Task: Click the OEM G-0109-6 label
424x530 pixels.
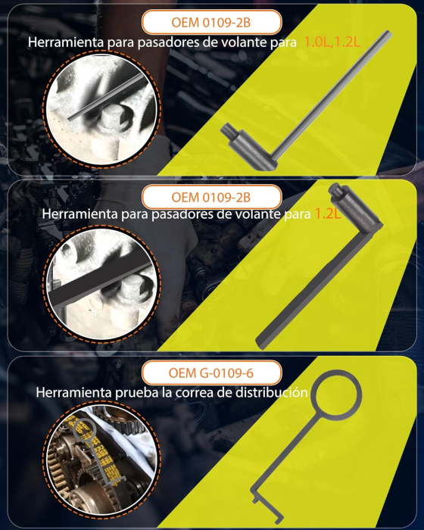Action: [x=211, y=373]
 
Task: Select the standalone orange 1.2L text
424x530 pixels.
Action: [x=327, y=214]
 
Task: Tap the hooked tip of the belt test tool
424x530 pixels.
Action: [x=257, y=500]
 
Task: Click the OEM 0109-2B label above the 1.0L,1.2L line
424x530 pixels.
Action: [x=210, y=20]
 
